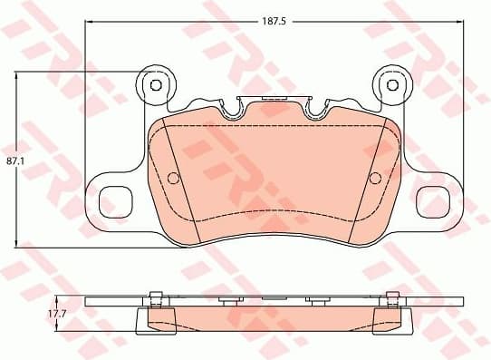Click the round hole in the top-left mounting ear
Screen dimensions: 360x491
[x=154, y=85]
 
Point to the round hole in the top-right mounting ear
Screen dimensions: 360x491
[x=392, y=85]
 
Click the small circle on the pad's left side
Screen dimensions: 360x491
[x=175, y=177]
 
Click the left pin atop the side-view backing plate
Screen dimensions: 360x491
[x=155, y=294]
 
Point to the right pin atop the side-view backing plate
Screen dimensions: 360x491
[x=391, y=294]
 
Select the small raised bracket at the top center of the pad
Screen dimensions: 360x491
[x=274, y=98]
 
